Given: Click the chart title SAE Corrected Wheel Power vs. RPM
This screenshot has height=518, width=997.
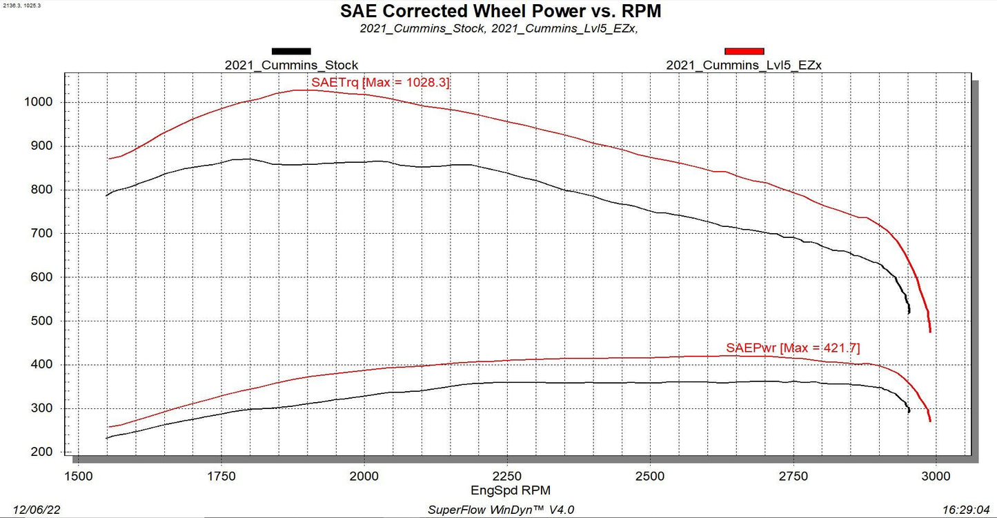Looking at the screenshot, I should (500, 12).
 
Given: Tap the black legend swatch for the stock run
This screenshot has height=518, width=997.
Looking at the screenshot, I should (291, 51).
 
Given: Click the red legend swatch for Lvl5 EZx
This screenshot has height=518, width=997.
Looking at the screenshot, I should (744, 51).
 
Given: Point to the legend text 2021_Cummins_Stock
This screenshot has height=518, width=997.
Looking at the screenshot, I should (291, 66).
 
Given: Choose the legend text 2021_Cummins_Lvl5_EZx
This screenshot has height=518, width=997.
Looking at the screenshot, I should (744, 66).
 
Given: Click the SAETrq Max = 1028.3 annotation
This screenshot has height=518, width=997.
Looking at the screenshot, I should (381, 83).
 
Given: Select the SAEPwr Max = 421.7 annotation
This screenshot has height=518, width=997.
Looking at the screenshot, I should (793, 348).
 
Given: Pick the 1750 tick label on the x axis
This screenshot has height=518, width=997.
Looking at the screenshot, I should (221, 476).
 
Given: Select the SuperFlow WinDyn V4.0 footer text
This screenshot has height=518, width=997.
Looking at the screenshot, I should (501, 509).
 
